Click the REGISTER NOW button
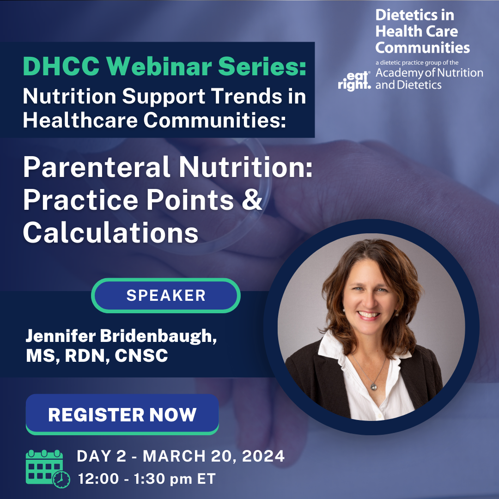[x=122, y=414]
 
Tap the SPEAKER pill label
[x=166, y=296]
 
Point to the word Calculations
[x=110, y=233]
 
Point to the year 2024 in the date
[x=262, y=456]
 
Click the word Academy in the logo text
[x=402, y=73]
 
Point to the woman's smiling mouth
[x=368, y=316]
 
